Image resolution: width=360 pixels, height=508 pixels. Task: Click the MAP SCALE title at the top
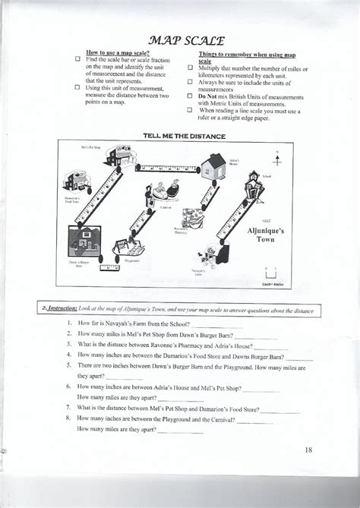click(180, 39)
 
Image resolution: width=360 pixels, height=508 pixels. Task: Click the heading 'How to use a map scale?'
click(118, 52)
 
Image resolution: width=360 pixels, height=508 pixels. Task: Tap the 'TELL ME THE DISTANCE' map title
click(185, 136)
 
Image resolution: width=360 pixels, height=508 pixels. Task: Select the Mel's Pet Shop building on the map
click(120, 156)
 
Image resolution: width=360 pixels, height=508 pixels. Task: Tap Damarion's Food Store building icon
click(74, 182)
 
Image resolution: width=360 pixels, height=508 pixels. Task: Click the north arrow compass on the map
click(278, 161)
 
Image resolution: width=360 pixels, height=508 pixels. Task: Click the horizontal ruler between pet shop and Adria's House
click(166, 167)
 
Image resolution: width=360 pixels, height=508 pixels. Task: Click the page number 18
click(308, 450)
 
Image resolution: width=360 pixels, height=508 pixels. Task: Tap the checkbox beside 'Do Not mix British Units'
click(190, 96)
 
